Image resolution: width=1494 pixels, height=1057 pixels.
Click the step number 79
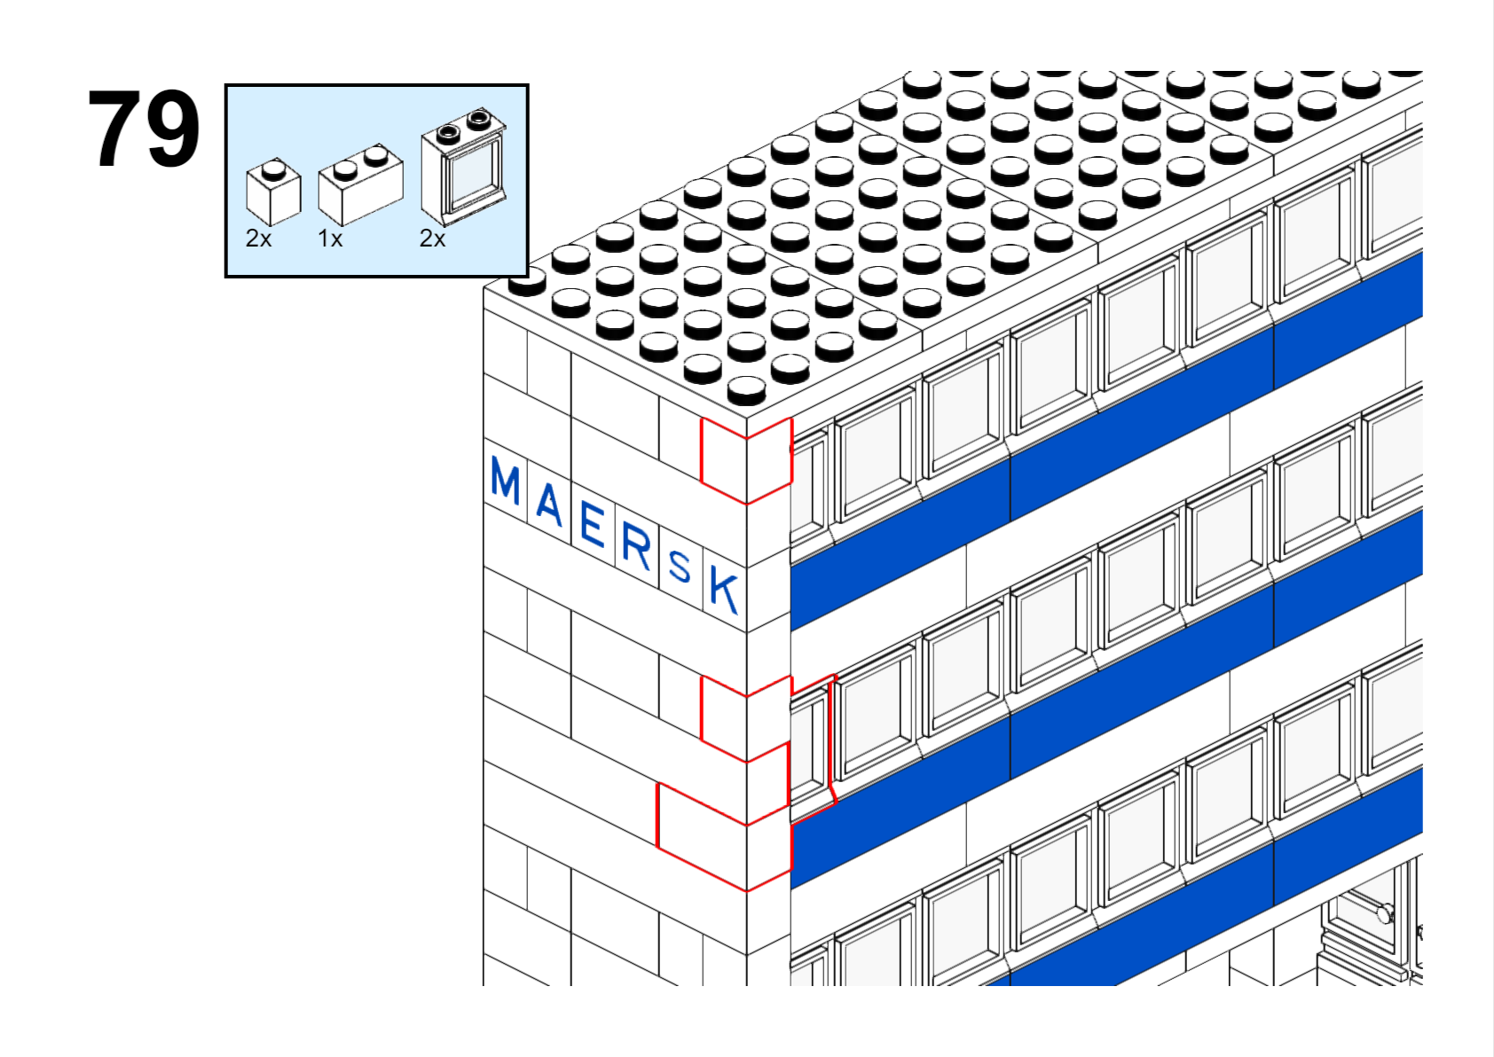[x=144, y=128]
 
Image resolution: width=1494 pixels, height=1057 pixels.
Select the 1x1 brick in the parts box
[x=273, y=192]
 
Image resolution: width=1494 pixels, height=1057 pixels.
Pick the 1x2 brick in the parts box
[x=360, y=184]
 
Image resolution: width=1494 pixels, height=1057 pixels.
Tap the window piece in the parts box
[x=463, y=168]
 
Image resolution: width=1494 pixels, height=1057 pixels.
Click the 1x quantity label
[x=330, y=238]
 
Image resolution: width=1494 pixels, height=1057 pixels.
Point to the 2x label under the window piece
[x=432, y=238]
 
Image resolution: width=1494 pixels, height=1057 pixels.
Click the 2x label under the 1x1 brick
[x=259, y=238]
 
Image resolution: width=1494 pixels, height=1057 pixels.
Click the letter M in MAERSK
[x=505, y=480]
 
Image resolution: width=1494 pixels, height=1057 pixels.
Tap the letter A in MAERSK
[x=549, y=503]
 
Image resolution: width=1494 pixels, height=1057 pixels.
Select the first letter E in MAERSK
[x=593, y=524]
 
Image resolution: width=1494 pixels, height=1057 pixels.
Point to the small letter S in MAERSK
[x=680, y=568]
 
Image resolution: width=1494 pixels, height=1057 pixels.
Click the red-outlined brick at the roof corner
[x=746, y=460]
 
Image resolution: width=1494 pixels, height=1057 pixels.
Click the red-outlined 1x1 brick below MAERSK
[x=746, y=718]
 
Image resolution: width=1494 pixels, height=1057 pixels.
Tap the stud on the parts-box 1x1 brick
[x=272, y=170]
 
